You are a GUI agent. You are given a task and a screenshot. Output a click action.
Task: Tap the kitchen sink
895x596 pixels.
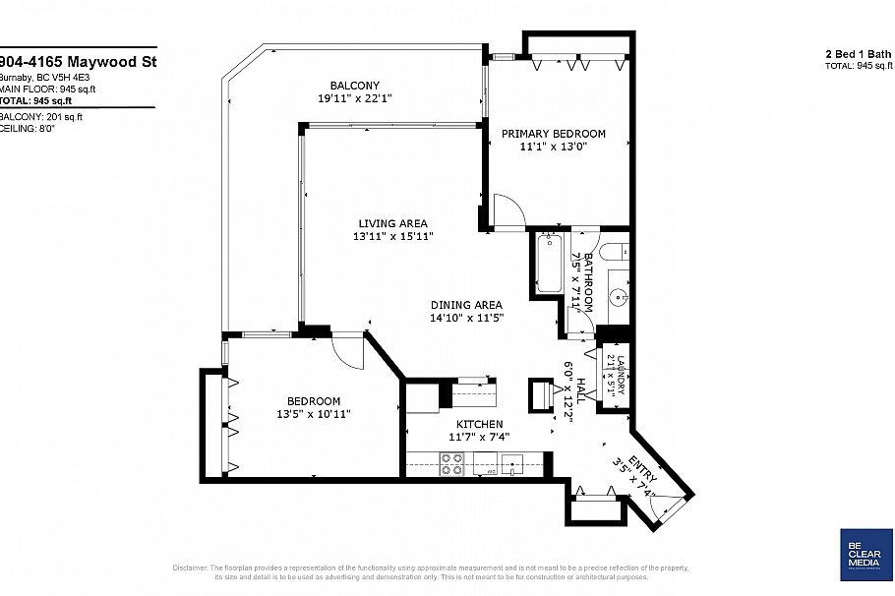pyautogui.click(x=512, y=462)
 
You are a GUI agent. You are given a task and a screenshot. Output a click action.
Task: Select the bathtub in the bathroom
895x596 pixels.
pyautogui.click(x=549, y=262)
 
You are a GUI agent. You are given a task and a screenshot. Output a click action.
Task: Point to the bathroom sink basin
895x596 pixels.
pyautogui.click(x=618, y=294)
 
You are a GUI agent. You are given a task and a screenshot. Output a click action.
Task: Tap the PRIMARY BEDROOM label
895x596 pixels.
pyautogui.click(x=554, y=134)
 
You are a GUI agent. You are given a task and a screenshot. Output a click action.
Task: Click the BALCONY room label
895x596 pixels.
pyautogui.click(x=354, y=86)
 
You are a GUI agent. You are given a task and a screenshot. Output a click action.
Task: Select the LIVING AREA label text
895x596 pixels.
pyautogui.click(x=392, y=223)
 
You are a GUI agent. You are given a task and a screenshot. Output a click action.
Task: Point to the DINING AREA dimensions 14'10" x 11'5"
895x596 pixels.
pyautogui.click(x=466, y=318)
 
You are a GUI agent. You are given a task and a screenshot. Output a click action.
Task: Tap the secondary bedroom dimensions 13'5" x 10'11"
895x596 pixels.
pyautogui.click(x=314, y=414)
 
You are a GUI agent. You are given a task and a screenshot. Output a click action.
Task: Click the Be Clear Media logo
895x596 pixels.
pyautogui.click(x=865, y=557)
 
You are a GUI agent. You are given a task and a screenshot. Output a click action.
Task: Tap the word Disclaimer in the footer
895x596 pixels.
pyautogui.click(x=190, y=567)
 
